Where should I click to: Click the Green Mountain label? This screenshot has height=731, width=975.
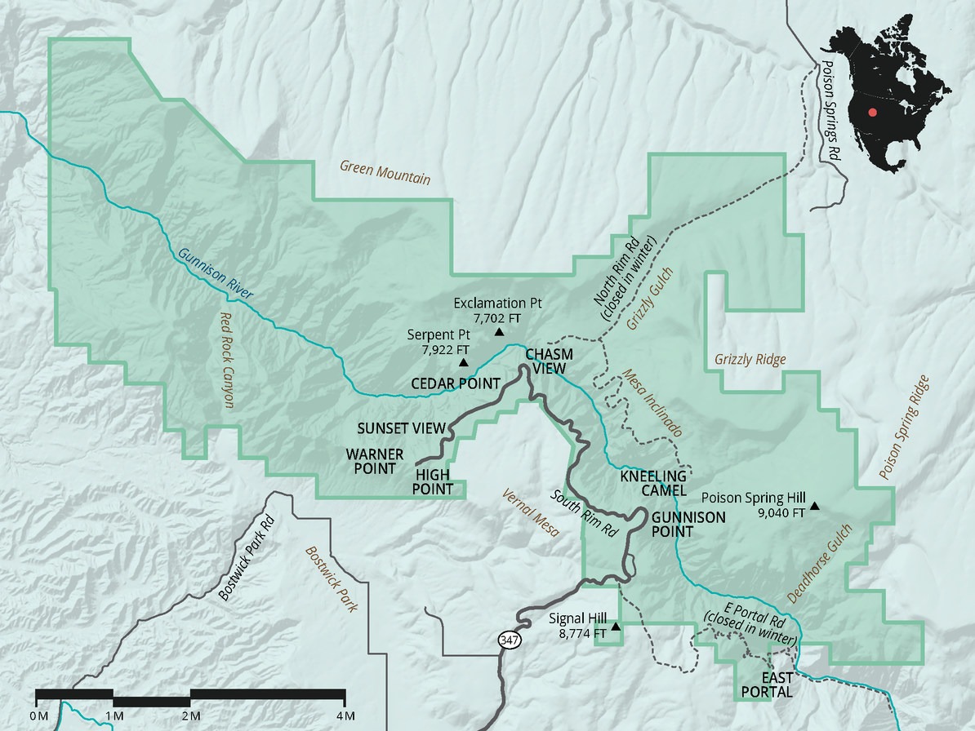pos(385,172)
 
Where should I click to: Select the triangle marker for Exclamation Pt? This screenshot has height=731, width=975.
pos(499,332)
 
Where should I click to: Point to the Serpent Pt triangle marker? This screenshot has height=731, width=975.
pos(464,362)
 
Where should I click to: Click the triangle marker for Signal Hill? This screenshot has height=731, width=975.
pos(617,627)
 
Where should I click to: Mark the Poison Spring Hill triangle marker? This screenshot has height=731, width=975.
pos(814,507)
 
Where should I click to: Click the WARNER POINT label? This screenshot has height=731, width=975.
pos(371,461)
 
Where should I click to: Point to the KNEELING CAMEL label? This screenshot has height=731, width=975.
pos(652,483)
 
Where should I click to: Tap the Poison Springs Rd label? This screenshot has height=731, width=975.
pos(831,110)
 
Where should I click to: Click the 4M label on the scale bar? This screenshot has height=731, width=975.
pos(345,716)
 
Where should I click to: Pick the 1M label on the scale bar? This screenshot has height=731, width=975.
pos(114,716)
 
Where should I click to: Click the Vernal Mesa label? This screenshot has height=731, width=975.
pos(530,512)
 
